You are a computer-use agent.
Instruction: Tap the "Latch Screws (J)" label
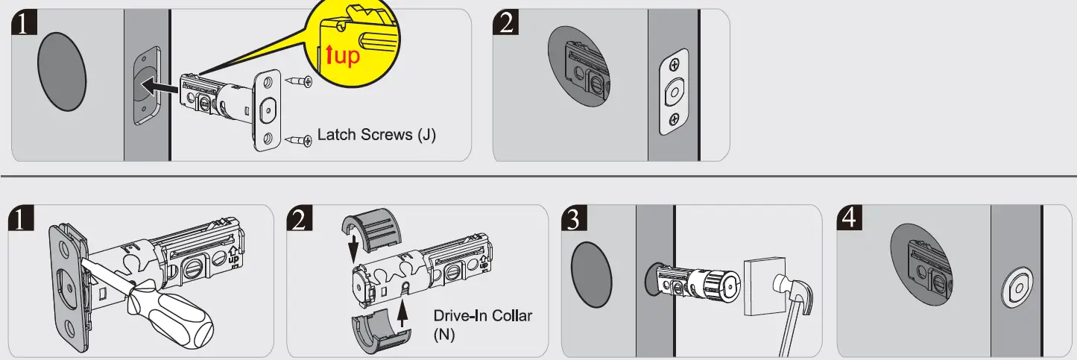[x=376, y=136]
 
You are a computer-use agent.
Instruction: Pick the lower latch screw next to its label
[x=300, y=139]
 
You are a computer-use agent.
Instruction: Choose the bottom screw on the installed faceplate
[x=673, y=119]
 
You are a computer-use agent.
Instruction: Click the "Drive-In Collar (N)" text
[x=482, y=324]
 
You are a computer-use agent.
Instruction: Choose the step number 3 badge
[x=576, y=219]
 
